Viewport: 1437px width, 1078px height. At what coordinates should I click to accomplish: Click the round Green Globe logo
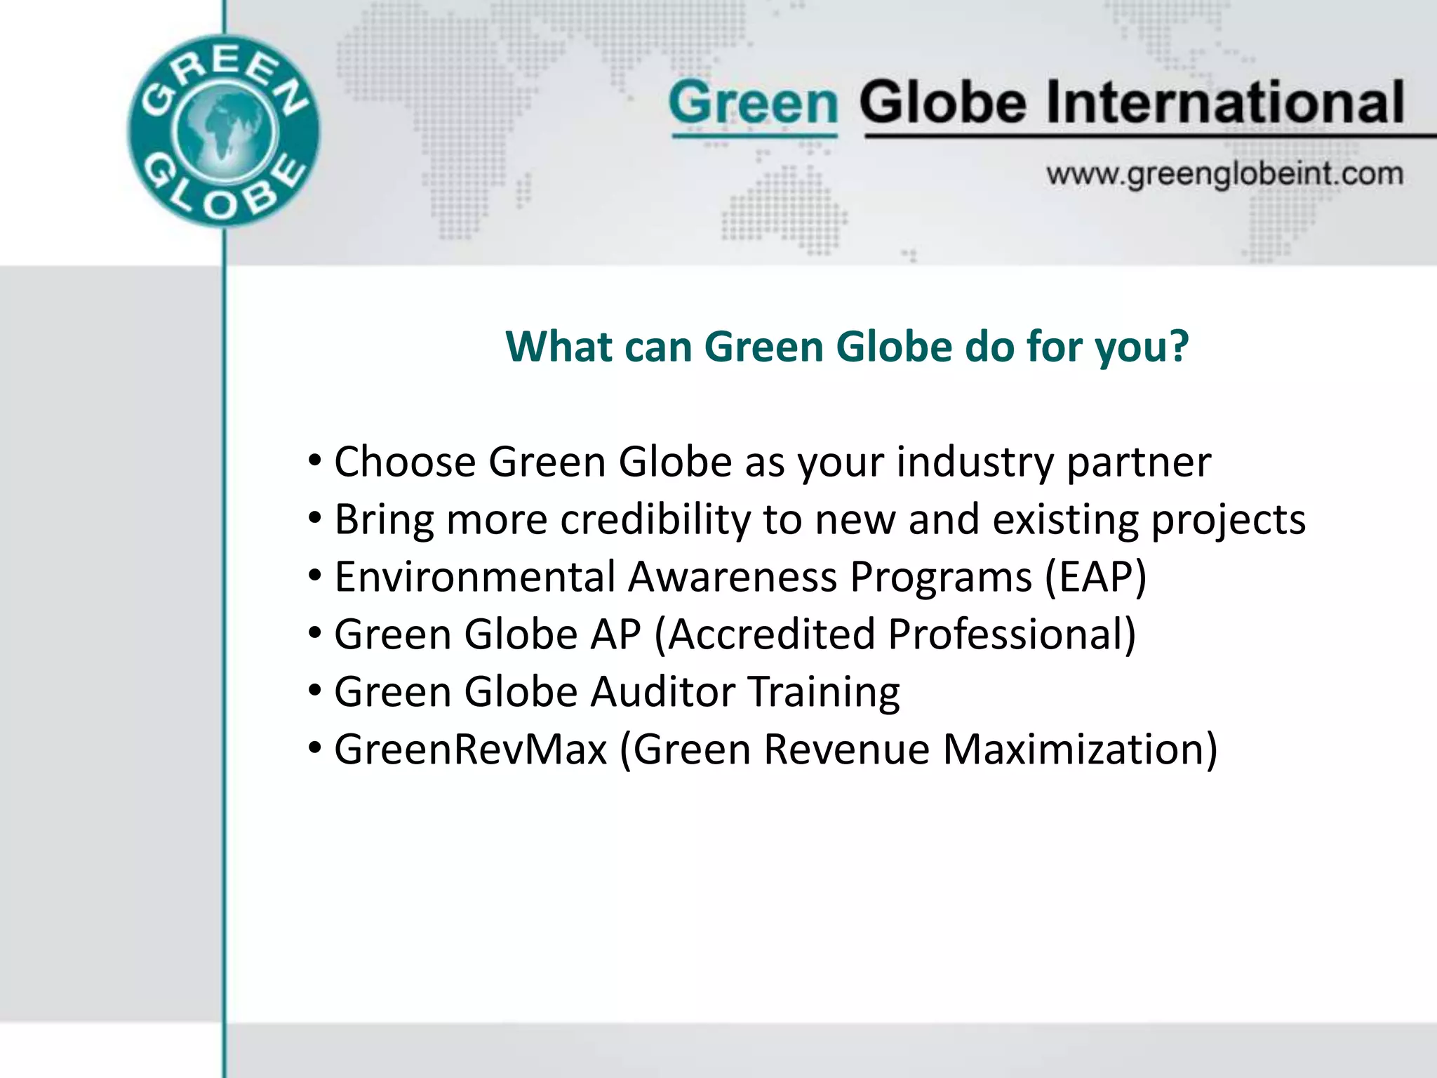pyautogui.click(x=223, y=131)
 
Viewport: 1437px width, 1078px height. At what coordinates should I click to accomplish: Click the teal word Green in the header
pyautogui.click(x=754, y=103)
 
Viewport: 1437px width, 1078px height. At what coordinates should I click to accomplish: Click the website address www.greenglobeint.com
pyautogui.click(x=1224, y=173)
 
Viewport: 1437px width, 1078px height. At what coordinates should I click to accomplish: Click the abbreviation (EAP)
pyautogui.click(x=1095, y=578)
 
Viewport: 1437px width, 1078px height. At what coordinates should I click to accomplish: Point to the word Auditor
pyautogui.click(x=662, y=692)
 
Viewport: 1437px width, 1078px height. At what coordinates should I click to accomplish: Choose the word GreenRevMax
pyautogui.click(x=470, y=750)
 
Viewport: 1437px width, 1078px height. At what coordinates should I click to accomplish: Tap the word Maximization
pyautogui.click(x=1079, y=750)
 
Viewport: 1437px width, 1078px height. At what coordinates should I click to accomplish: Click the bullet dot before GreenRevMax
pyautogui.click(x=315, y=749)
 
